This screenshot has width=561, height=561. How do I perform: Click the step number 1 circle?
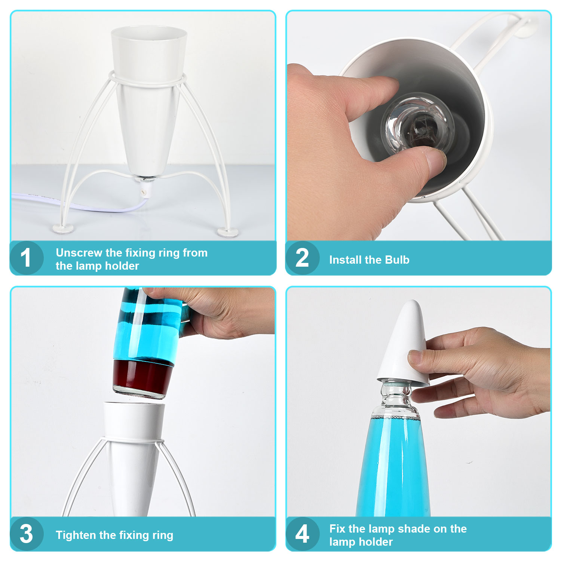27,258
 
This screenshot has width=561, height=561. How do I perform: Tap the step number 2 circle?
303,258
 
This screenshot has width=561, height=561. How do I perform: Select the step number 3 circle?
27,534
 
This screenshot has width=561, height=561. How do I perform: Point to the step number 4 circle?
303,534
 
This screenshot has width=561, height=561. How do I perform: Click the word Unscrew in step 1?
79,253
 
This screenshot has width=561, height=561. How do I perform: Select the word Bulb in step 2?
397,260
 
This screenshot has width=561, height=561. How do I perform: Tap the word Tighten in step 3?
77,535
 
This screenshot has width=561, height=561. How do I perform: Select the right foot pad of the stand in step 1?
228,232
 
